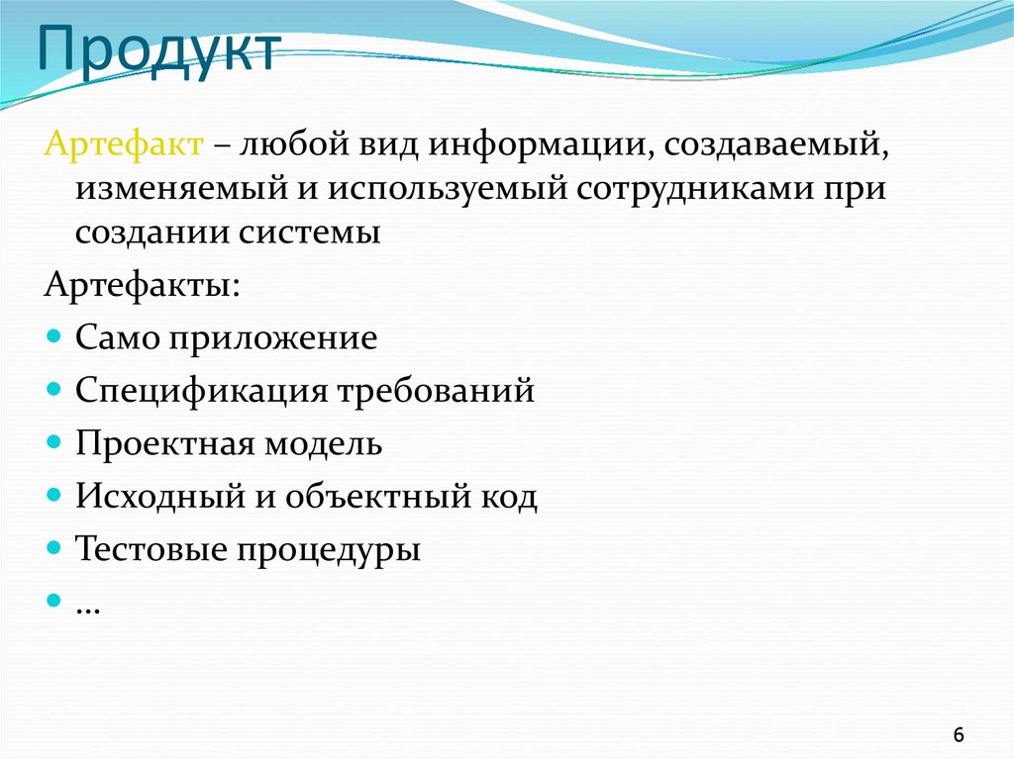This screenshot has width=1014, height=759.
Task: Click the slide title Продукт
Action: (x=158, y=48)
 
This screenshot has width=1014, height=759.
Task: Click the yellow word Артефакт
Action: (x=124, y=145)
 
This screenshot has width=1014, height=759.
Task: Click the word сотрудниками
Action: (x=698, y=188)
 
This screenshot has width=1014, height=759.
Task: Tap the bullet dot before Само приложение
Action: (x=53, y=336)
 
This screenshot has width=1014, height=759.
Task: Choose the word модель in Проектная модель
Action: (x=322, y=442)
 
